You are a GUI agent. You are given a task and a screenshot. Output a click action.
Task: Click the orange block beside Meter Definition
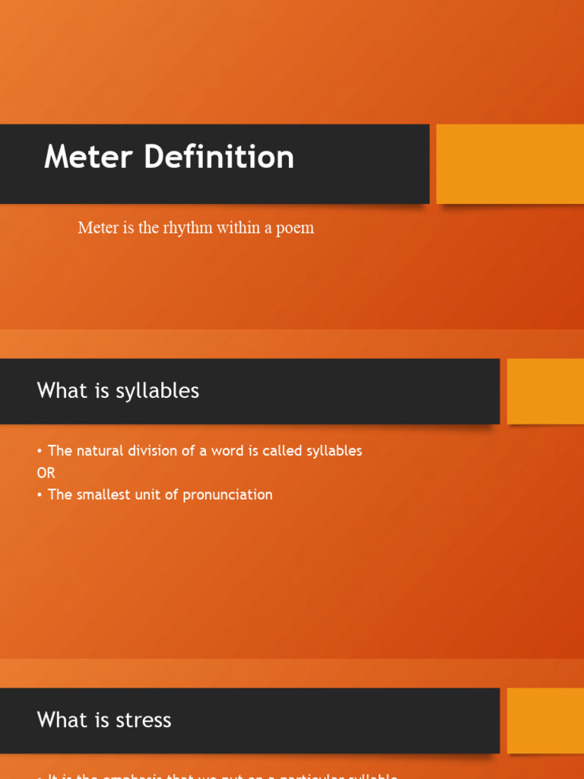(509, 164)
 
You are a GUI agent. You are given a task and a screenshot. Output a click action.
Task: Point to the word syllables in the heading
(157, 391)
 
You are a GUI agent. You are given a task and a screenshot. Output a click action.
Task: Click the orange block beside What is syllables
(544, 391)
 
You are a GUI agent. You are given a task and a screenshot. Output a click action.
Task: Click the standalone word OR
(46, 472)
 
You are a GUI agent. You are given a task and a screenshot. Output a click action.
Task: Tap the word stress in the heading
(144, 720)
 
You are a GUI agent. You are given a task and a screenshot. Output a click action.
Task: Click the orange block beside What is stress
(544, 720)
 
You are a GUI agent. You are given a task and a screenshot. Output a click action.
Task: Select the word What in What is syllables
(62, 391)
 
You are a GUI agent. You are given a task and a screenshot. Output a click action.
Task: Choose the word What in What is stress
(62, 720)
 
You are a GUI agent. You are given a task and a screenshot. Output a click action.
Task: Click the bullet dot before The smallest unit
(40, 495)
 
